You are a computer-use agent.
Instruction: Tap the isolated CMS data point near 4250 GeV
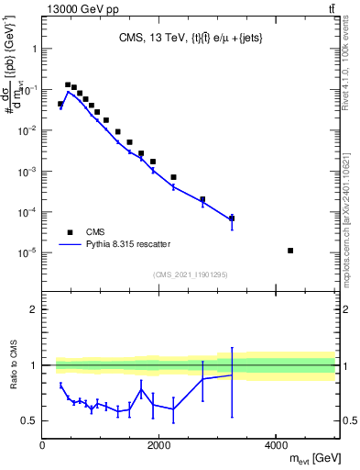pyautogui.click(x=289, y=251)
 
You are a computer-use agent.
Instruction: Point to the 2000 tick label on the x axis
pyautogui.click(x=159, y=445)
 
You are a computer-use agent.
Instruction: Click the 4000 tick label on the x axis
pyautogui.click(x=276, y=445)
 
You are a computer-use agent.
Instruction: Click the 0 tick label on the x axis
pyautogui.click(x=42, y=445)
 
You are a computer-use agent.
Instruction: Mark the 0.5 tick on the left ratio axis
pyautogui.click(x=30, y=420)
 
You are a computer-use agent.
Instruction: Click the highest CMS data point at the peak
pyautogui.click(x=68, y=84)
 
